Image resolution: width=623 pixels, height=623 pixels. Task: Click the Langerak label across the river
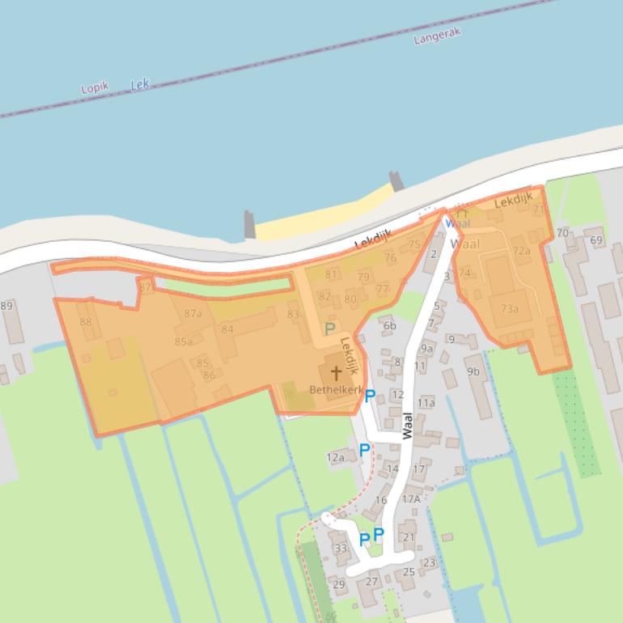coord(437,36)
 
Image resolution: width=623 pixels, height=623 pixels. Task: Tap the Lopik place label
coord(95,88)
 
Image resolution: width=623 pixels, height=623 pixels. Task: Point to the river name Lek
coord(140,84)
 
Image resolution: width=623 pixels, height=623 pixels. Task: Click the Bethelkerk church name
coord(336,389)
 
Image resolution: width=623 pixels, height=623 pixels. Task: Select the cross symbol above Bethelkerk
coord(335,373)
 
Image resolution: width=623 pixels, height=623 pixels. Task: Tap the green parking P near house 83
coord(329,329)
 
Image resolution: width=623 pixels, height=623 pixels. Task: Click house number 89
coord(6,306)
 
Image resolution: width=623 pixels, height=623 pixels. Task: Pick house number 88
coord(85,322)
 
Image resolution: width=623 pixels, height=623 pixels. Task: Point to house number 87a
coord(193,314)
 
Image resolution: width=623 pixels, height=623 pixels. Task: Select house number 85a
coord(184,341)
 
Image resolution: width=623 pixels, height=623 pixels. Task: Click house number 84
coord(227,329)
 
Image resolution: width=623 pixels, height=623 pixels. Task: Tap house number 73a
coord(510,308)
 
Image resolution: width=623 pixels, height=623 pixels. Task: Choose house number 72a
coord(522,251)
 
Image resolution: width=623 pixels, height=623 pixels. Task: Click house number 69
coord(596,240)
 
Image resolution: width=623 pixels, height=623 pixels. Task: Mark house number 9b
coord(473,372)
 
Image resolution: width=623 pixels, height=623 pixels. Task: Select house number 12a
coord(336,457)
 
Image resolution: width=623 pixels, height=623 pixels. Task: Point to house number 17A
coord(411,499)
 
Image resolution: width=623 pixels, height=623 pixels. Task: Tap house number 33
coord(341,549)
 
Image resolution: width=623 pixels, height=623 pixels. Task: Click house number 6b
coord(390,326)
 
